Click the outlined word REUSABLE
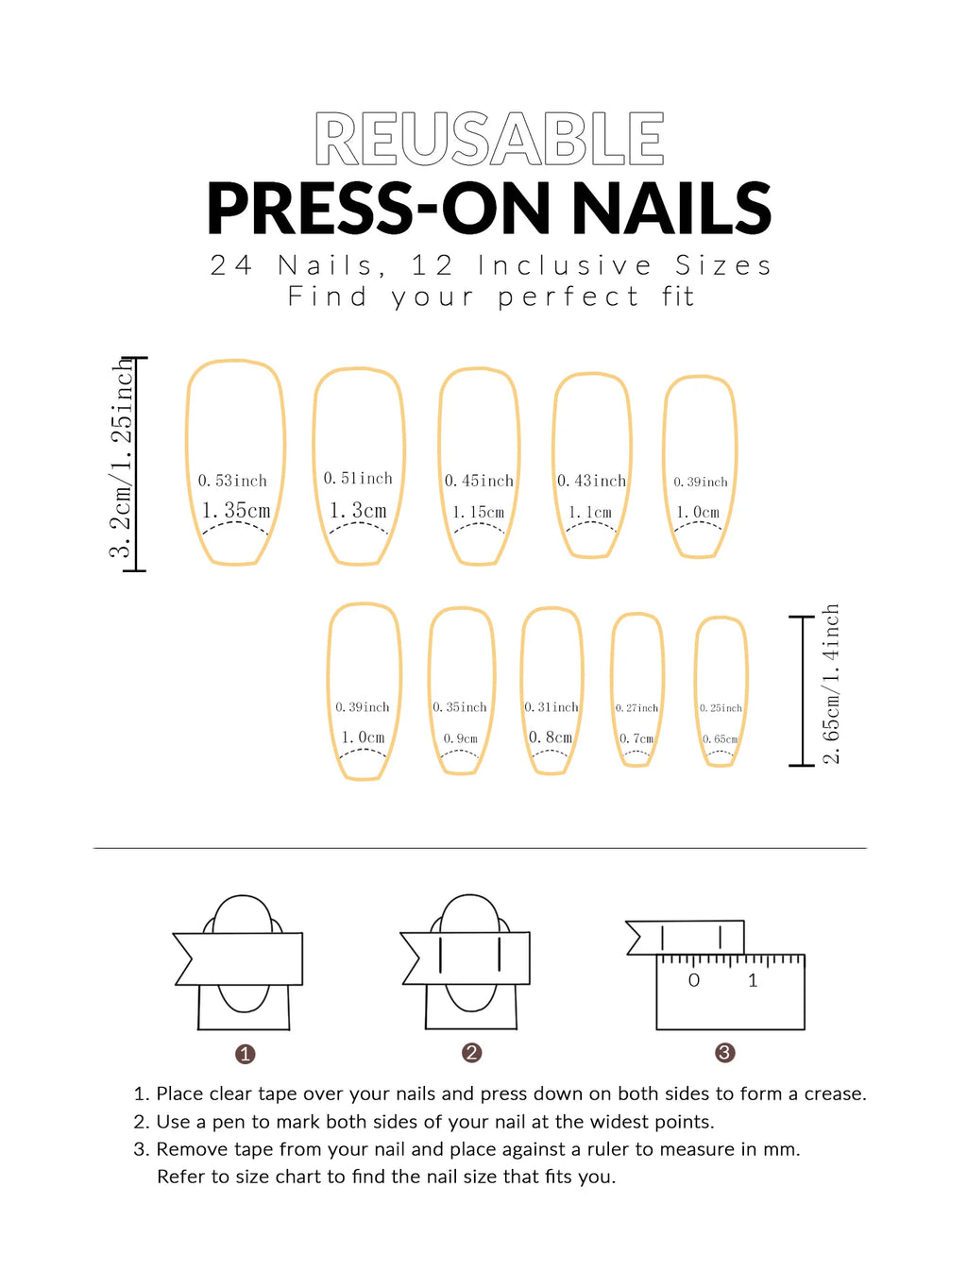[489, 140]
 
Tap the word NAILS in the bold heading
[671, 209]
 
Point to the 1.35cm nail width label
[236, 511]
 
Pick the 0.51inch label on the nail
[358, 479]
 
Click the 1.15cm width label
[479, 512]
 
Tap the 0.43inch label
[591, 481]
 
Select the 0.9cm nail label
[461, 738]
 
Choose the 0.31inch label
[551, 707]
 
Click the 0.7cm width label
[636, 738]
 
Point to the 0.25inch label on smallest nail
[721, 708]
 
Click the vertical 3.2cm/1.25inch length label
[121, 460]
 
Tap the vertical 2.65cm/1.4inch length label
[830, 684]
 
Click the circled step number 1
[246, 1054]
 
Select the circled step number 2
[472, 1053]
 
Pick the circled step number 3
[724, 1053]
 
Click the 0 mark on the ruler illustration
[694, 981]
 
